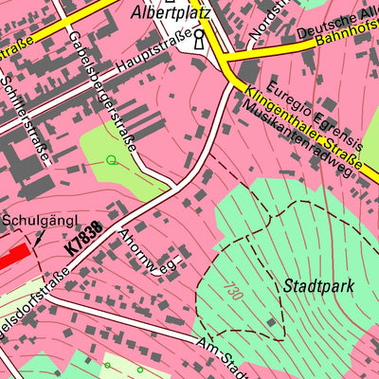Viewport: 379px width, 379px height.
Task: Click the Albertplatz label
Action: (x=171, y=13)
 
